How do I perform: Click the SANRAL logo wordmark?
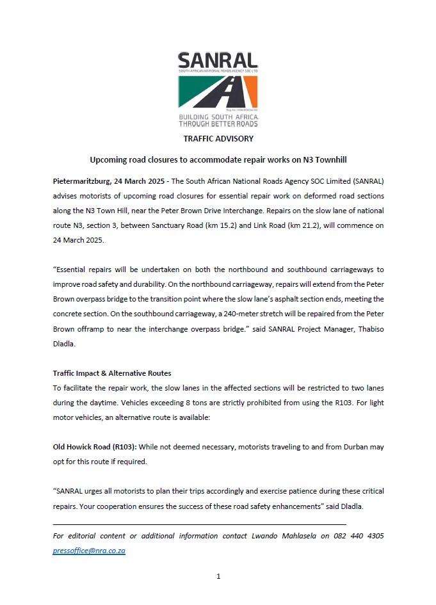pyautogui.click(x=218, y=61)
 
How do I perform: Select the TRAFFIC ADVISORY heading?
pyautogui.click(x=218, y=138)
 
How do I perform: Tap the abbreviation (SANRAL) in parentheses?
pyautogui.click(x=362, y=182)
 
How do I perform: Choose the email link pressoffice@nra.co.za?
pyautogui.click(x=89, y=551)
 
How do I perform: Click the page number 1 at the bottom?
pyautogui.click(x=218, y=576)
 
